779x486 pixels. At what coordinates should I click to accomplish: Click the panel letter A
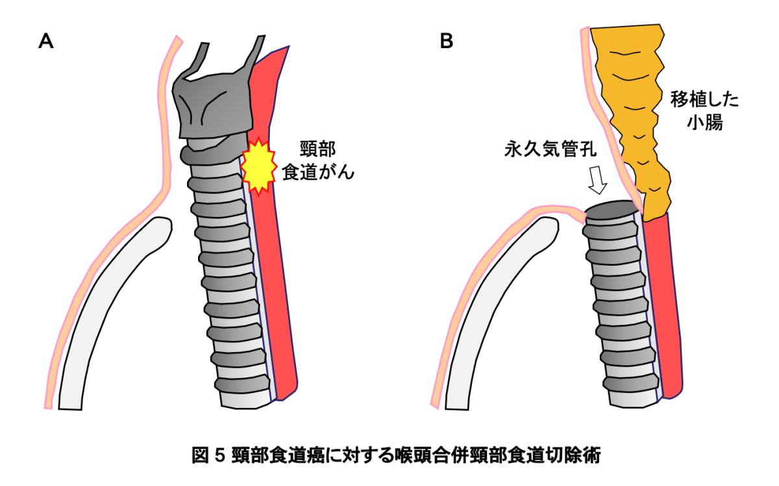(46, 42)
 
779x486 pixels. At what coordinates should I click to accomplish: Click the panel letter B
(446, 42)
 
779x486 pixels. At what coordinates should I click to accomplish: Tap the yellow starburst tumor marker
(258, 166)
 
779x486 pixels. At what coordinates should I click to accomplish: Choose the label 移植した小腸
(704, 111)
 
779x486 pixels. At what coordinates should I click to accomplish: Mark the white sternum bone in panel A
(110, 312)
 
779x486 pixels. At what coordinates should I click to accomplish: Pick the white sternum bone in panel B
(493, 312)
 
